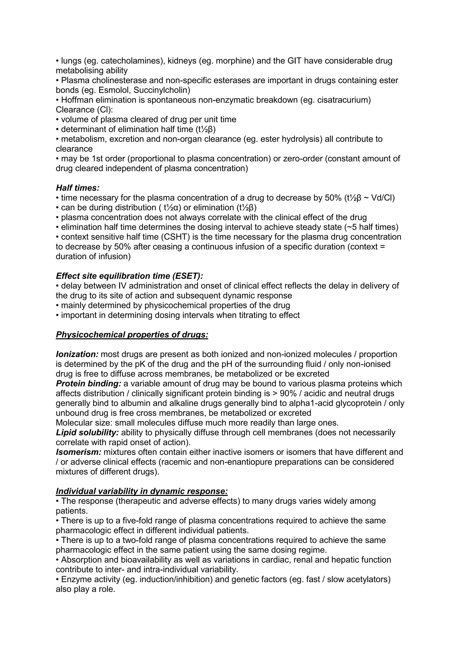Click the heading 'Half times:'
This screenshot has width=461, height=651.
click(x=77, y=188)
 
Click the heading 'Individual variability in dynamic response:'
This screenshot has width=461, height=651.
click(x=142, y=491)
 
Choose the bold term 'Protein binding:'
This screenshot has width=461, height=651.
click(x=88, y=384)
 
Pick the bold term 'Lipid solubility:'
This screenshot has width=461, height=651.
click(x=87, y=433)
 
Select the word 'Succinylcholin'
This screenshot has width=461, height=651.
click(x=160, y=90)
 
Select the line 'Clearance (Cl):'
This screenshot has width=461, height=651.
click(x=84, y=110)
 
